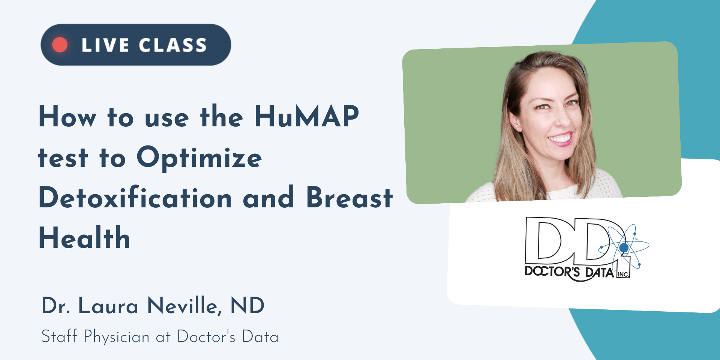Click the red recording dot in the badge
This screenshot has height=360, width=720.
(60, 45)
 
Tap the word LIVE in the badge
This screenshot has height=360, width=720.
(105, 45)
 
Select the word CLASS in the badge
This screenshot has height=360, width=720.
(173, 45)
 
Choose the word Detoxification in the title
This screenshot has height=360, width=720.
(135, 197)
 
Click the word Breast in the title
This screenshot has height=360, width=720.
(349, 197)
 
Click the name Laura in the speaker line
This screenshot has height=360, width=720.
(108, 306)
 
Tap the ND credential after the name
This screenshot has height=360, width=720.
(247, 306)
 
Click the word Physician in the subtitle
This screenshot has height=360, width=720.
(117, 337)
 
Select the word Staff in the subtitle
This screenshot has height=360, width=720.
(59, 336)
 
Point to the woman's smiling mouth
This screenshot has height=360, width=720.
(560, 139)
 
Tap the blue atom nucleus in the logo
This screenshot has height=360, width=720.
(624, 247)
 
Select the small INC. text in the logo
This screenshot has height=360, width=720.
(623, 274)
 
